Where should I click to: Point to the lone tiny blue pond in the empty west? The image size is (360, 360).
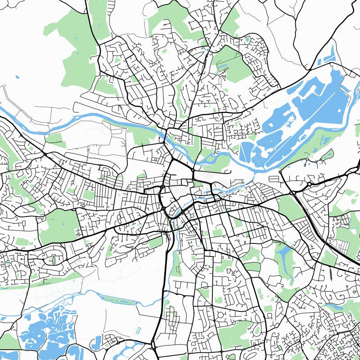(17, 77)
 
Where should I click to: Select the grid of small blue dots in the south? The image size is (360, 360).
(138, 331)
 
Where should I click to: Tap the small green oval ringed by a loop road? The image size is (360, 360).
(54, 260)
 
